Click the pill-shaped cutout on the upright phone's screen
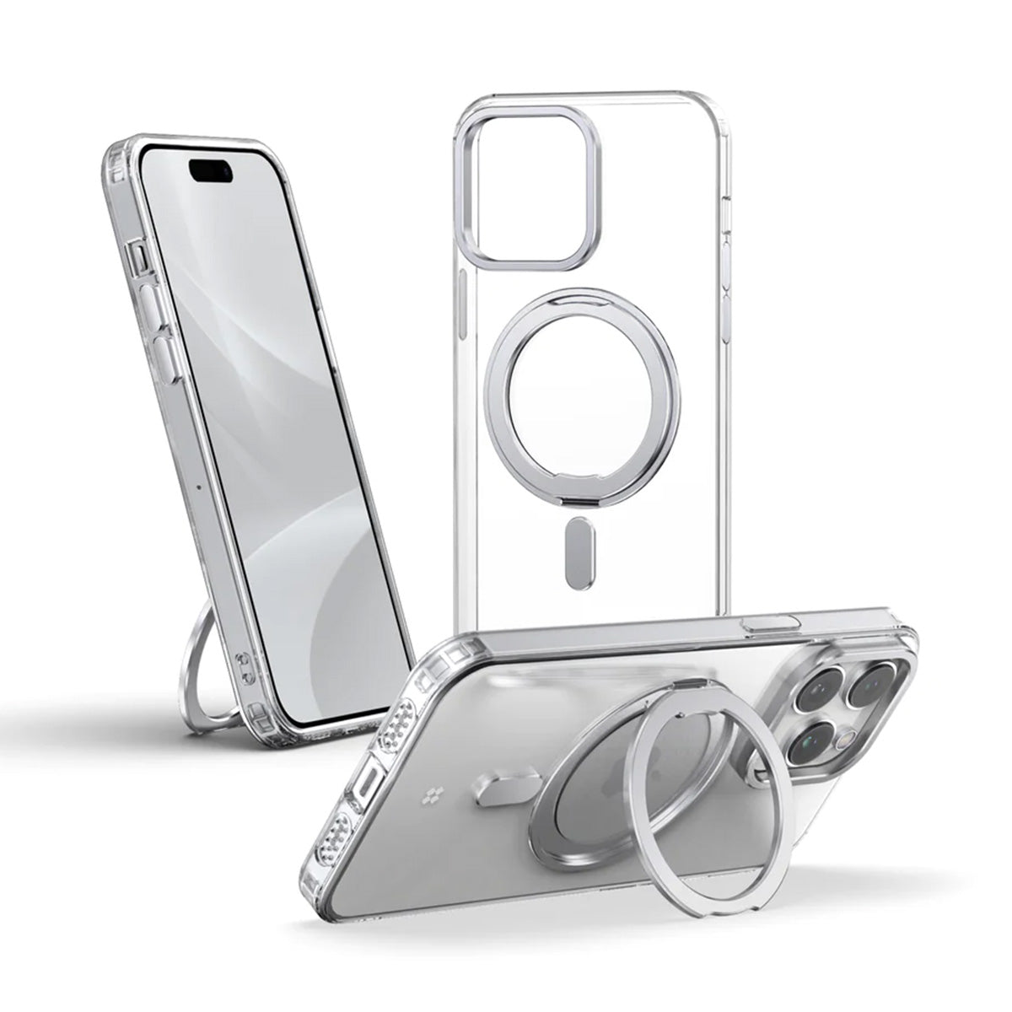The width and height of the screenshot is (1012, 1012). point(212,171)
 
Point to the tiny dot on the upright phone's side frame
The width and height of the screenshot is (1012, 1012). point(197,486)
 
